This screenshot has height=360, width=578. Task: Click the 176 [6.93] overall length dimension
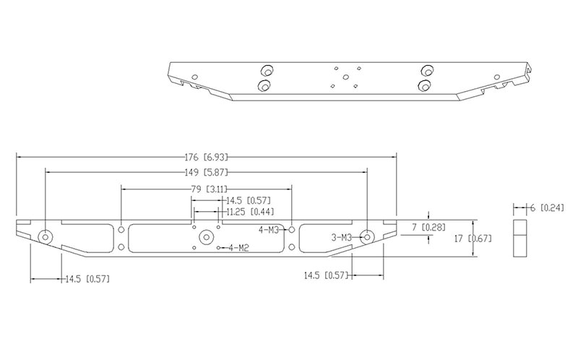click(x=207, y=157)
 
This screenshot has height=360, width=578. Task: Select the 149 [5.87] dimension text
click(x=207, y=172)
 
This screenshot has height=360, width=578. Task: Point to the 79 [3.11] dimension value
click(x=207, y=189)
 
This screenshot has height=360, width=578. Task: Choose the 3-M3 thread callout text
click(x=341, y=237)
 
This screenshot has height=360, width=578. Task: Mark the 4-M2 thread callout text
click(x=238, y=249)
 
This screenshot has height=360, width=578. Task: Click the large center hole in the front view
click(x=206, y=236)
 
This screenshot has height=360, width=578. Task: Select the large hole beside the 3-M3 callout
click(x=367, y=236)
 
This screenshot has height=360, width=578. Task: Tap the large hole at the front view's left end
click(x=46, y=236)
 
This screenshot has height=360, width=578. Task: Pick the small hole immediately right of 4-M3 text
click(x=291, y=229)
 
